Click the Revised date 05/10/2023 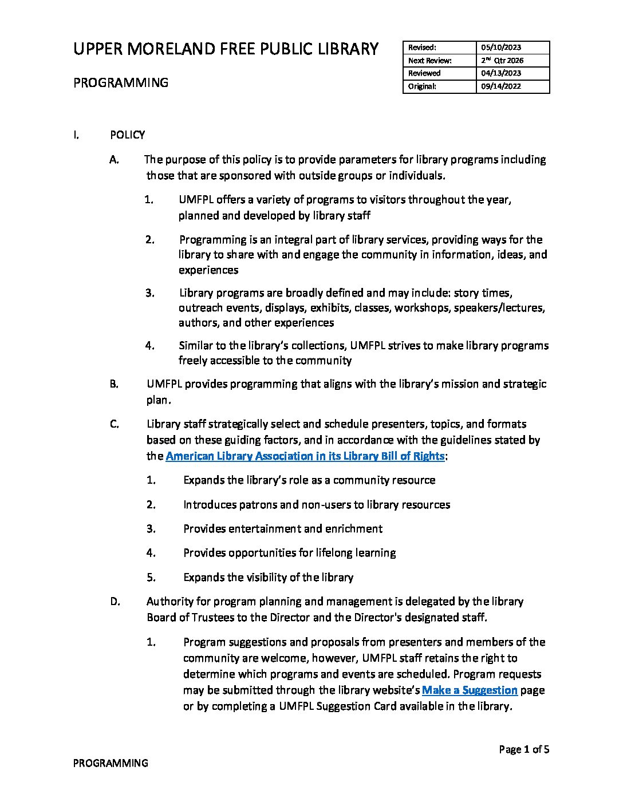(x=500, y=48)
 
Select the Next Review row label (x=430, y=60)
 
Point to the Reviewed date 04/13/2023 (x=500, y=73)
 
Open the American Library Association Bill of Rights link (x=305, y=456)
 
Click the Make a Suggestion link (x=470, y=690)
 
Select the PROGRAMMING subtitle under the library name (x=121, y=82)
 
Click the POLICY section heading (x=127, y=135)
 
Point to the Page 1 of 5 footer (x=524, y=749)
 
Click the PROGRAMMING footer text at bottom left (x=111, y=763)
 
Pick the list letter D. (x=115, y=602)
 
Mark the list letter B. (x=114, y=384)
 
